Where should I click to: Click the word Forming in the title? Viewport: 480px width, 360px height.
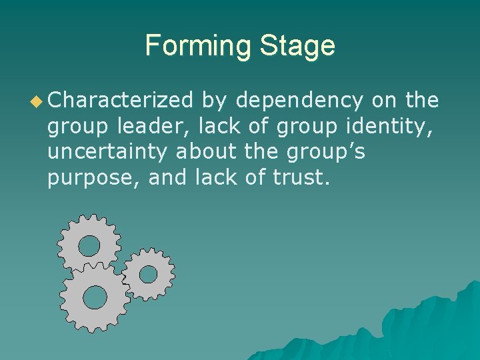pyautogui.click(x=198, y=46)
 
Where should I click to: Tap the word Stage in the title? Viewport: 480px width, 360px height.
pyautogui.click(x=297, y=46)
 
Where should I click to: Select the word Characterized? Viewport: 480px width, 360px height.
pyautogui.click(x=120, y=101)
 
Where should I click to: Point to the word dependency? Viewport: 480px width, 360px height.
pyautogui.click(x=300, y=101)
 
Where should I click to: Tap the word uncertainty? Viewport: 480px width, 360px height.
pyautogui.click(x=109, y=151)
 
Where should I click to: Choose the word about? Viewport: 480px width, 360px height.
pyautogui.click(x=206, y=151)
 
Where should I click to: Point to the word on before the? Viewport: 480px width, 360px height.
pyautogui.click(x=385, y=101)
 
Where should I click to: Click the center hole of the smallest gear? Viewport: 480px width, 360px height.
pyautogui.click(x=148, y=273)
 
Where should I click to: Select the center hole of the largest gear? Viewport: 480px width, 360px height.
pyautogui.click(x=95, y=297)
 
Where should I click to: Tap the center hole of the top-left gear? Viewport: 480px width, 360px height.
pyautogui.click(x=89, y=246)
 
